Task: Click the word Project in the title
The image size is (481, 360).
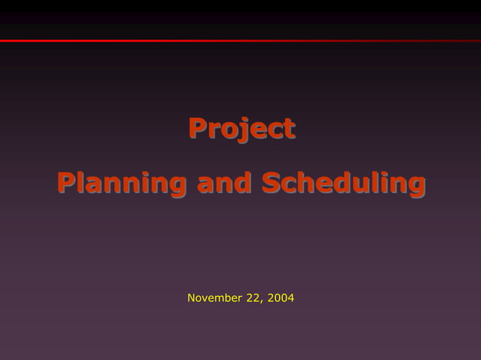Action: click(241, 129)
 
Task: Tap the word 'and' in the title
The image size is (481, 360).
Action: click(224, 183)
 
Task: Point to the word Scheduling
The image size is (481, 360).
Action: click(343, 183)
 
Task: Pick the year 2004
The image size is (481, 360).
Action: click(279, 298)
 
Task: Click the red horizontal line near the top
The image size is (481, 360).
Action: click(240, 41)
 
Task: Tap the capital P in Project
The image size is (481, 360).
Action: click(198, 128)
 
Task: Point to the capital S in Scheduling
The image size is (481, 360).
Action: click(271, 182)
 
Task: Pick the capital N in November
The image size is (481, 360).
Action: click(191, 298)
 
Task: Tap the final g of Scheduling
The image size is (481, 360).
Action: click(416, 186)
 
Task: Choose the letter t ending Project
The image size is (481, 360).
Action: click(289, 129)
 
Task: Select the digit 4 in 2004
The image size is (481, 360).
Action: click(290, 298)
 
